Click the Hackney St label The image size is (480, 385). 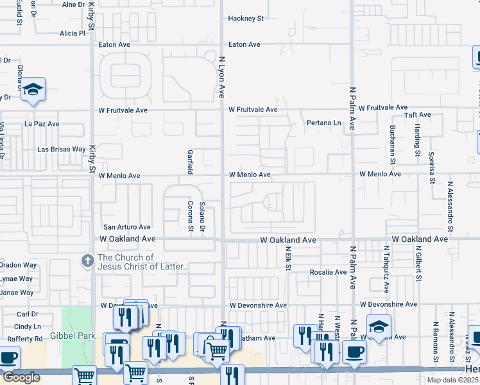point(246,19)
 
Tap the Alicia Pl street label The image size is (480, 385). point(72,33)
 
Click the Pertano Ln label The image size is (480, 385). point(323,123)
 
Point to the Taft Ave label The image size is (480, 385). point(418,115)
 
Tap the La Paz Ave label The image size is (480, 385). point(42,123)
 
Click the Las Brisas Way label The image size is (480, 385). point(62,149)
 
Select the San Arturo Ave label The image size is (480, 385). point(127,227)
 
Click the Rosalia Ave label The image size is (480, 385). point(328,272)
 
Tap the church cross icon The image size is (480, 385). point(89,261)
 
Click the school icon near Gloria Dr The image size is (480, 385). point(32,89)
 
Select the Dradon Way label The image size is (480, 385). point(18,264)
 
